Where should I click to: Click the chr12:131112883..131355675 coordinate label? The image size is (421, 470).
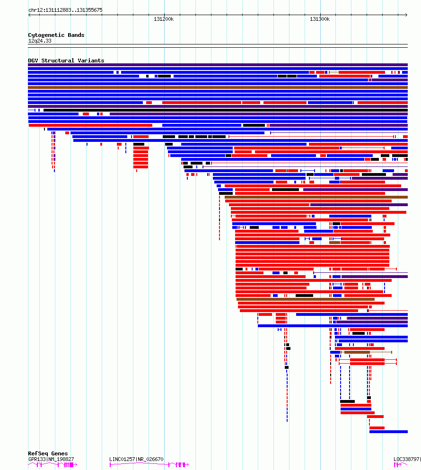coord(65,10)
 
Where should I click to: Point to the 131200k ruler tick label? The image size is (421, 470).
coord(164,19)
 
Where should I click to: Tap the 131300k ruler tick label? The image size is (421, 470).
coord(320,19)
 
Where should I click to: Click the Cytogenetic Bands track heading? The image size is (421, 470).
coord(56,35)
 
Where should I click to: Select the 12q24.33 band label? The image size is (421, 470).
coord(40,41)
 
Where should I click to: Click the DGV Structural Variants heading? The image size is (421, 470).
coord(66,61)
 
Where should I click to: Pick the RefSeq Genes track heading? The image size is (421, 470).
coord(48,453)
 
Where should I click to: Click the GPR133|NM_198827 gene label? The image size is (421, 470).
coord(51,459)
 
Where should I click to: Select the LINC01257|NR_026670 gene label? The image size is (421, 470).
coord(136,459)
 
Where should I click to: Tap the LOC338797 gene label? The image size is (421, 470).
coord(407,459)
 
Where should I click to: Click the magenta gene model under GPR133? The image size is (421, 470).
coord(53,465)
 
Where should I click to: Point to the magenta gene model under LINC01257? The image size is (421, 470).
coord(149,464)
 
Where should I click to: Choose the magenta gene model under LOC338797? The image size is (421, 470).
coord(401,465)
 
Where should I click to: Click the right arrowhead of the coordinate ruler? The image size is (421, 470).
coord(407,15)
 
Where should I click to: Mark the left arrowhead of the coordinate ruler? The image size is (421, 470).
coord(29,15)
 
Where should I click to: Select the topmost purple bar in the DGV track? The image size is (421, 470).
coord(218,65)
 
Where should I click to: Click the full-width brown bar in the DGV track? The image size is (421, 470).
coord(218,87)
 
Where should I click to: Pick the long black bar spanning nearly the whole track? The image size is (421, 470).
coord(226,110)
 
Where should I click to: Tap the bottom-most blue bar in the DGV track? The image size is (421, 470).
coord(388,432)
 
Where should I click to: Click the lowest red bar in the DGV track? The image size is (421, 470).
coord(377,428)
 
